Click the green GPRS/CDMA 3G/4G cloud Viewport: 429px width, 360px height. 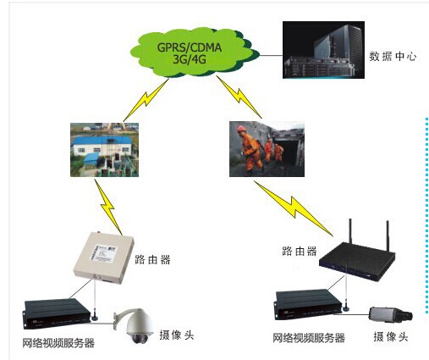pyautogui.click(x=195, y=53)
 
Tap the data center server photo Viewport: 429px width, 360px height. pyautogui.click(x=323, y=50)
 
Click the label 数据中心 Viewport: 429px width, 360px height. pyautogui.click(x=393, y=57)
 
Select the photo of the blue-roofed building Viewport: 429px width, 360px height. pyautogui.click(x=104, y=150)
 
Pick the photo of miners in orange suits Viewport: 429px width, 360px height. pyautogui.click(x=267, y=149)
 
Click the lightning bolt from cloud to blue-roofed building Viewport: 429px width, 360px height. pyautogui.click(x=146, y=100)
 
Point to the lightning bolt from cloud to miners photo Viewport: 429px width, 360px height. pyautogui.click(x=239, y=97)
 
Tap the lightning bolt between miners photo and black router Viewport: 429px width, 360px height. pyautogui.click(x=294, y=208)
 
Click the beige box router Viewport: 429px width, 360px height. pyautogui.click(x=103, y=258)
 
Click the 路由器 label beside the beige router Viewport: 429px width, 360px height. pyautogui.click(x=152, y=259)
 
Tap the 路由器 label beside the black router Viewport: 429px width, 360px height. pyautogui.click(x=300, y=251)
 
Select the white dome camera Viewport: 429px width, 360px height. pyautogui.click(x=134, y=325)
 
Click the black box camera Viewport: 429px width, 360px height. pyautogui.click(x=391, y=314)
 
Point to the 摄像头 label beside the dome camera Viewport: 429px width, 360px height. pyautogui.click(x=177, y=335)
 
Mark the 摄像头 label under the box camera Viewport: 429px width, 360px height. pyautogui.click(x=391, y=336)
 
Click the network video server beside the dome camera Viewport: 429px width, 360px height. pyautogui.click(x=57, y=313)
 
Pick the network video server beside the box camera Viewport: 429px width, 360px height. pyautogui.click(x=308, y=305)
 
